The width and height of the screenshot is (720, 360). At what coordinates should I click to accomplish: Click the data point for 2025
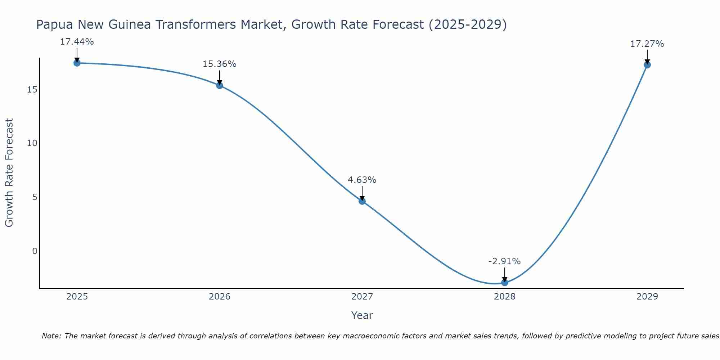coord(77,63)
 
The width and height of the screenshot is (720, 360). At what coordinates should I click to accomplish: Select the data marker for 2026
coord(220,85)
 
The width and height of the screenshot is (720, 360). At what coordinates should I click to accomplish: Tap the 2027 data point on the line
coord(362,201)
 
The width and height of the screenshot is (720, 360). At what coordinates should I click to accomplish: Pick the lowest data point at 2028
coord(505,283)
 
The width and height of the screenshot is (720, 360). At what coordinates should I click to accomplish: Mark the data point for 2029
coord(647,65)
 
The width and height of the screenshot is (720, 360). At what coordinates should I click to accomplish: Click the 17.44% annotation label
coord(77,42)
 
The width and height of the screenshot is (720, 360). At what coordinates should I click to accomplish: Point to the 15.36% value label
coord(219,64)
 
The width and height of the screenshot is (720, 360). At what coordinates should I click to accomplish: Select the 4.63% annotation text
coord(362,180)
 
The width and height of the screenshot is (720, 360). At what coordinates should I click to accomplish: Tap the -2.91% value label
coord(504,261)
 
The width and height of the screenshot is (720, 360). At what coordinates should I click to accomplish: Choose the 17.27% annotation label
coord(647,44)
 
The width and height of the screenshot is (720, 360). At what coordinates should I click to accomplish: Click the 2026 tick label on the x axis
coord(220,297)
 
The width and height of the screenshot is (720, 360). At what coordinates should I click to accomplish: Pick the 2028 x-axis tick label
coord(505,297)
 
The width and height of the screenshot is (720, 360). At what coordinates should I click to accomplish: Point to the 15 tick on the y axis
coord(32,89)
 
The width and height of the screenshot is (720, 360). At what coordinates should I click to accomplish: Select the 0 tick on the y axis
coord(35,251)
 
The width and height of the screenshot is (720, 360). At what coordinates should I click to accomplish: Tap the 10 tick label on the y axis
coord(32,143)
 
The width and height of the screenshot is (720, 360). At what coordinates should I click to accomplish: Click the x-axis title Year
coord(362,315)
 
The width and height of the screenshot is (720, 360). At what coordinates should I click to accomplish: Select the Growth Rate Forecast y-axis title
coord(9,173)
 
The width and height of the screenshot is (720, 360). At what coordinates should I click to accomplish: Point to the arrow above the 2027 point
coord(362,193)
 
